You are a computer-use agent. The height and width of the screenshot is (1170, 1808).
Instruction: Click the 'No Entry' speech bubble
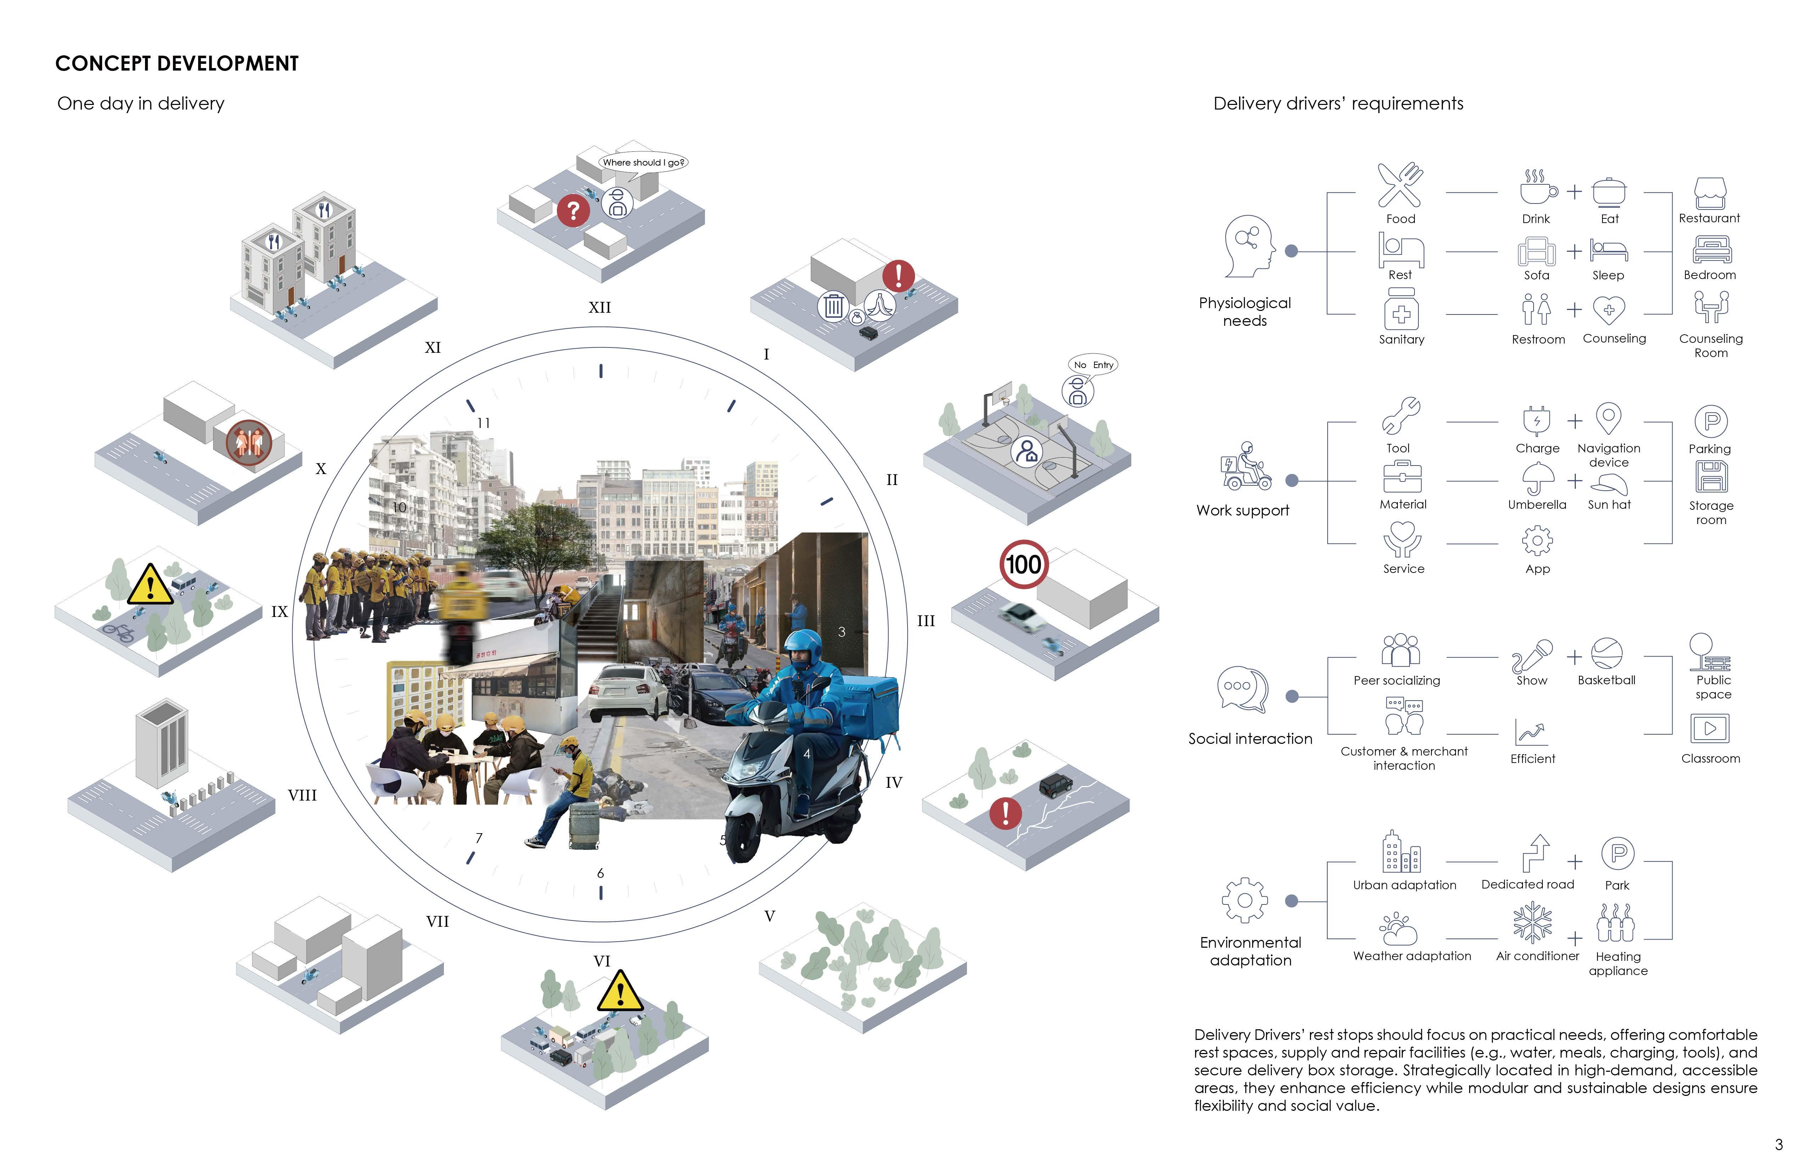tap(1093, 365)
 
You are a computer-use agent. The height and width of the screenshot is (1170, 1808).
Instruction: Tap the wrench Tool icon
tap(1400, 416)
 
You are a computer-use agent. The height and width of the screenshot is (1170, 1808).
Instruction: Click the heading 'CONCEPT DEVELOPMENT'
tap(177, 64)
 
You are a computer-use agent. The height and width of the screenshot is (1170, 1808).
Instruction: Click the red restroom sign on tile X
tap(249, 441)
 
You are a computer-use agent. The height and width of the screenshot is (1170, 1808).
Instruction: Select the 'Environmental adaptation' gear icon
tap(1244, 901)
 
